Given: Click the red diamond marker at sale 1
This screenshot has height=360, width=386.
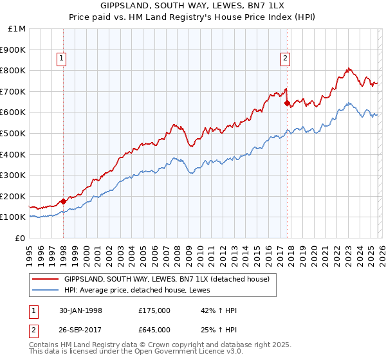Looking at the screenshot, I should (x=63, y=201).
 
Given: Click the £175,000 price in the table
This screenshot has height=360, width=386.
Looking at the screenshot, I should (x=154, y=310).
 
